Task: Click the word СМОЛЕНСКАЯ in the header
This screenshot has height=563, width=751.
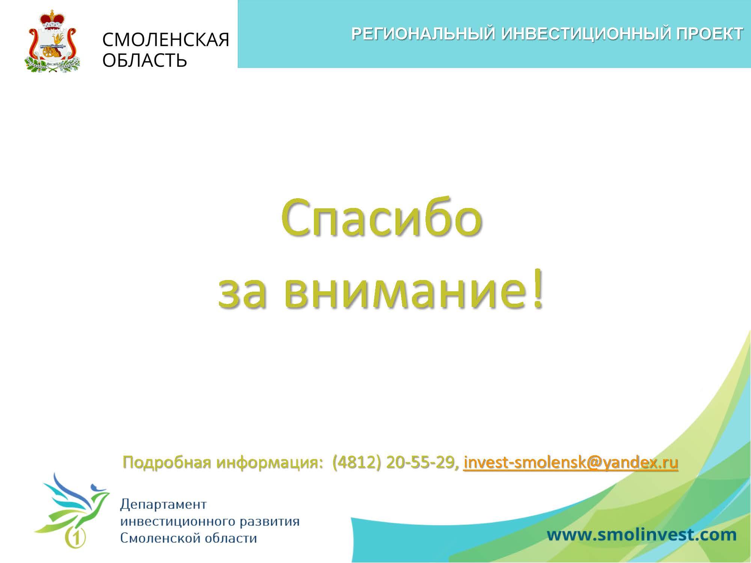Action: pyautogui.click(x=166, y=39)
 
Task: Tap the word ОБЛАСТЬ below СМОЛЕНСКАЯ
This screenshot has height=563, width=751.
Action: pyautogui.click(x=145, y=60)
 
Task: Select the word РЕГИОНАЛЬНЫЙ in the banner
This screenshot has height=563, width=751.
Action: pyautogui.click(x=424, y=34)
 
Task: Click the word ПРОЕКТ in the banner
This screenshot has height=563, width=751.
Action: pyautogui.click(x=709, y=34)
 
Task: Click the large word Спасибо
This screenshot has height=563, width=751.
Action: pyautogui.click(x=381, y=218)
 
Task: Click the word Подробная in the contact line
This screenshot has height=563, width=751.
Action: pyautogui.click(x=165, y=463)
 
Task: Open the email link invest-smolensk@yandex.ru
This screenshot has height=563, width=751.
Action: pyautogui.click(x=571, y=463)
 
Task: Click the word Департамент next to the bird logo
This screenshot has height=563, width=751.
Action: pyautogui.click(x=163, y=504)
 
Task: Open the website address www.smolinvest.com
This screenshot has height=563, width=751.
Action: pyautogui.click(x=641, y=534)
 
